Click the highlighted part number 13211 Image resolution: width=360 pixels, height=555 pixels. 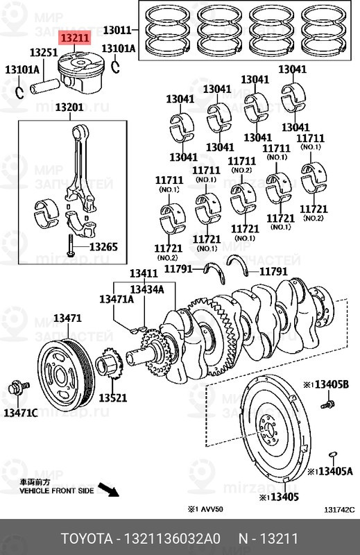74,39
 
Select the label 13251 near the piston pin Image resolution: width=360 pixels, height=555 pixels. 42,53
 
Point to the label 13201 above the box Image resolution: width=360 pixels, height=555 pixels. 69,107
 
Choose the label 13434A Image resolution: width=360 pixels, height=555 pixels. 146,289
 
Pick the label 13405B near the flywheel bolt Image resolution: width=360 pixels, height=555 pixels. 331,384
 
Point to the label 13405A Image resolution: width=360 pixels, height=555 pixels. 333,471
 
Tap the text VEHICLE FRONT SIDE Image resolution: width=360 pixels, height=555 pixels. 56,490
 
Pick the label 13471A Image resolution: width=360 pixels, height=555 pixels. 116,299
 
